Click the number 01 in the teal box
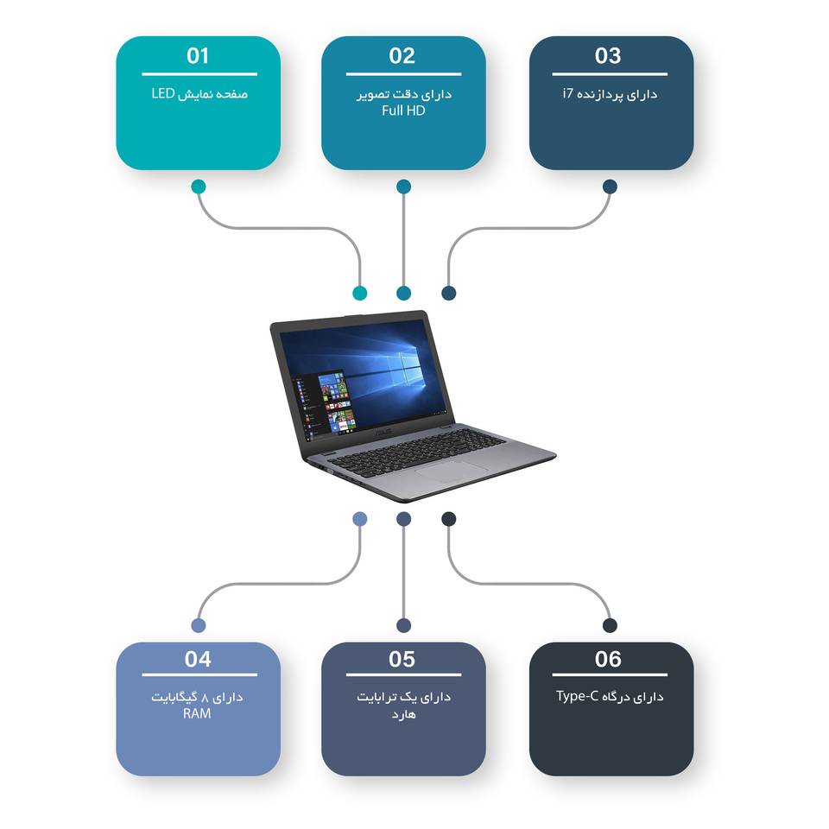click(x=198, y=56)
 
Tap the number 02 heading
click(x=402, y=56)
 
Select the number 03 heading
click(x=608, y=56)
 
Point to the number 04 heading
click(x=198, y=660)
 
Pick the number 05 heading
click(x=402, y=660)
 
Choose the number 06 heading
click(x=608, y=660)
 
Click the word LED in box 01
click(x=162, y=93)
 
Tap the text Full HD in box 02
click(x=403, y=111)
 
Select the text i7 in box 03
click(x=567, y=93)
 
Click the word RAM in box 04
click(x=197, y=714)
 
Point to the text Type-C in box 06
click(x=577, y=696)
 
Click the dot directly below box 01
click(x=199, y=187)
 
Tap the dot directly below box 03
click(x=610, y=187)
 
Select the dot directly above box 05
click(x=403, y=625)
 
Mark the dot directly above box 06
click(x=610, y=625)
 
